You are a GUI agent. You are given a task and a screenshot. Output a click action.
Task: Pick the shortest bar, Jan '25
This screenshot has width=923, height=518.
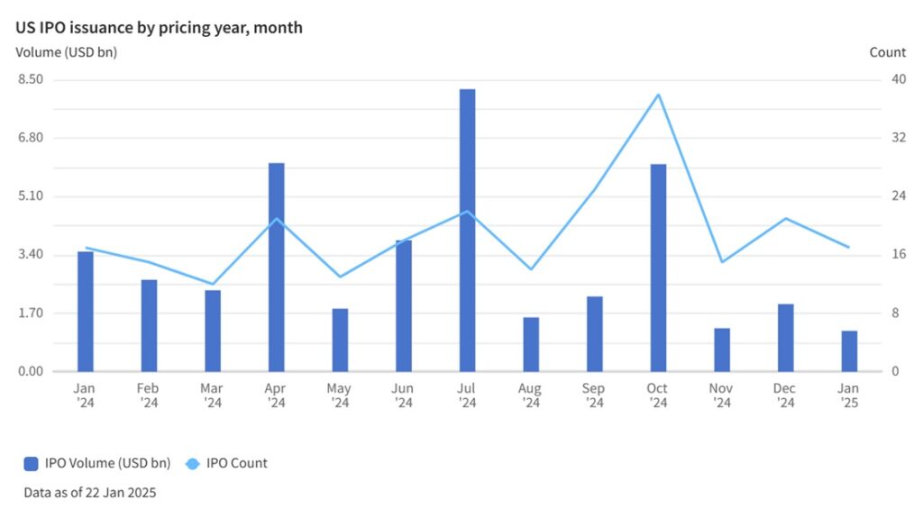click(849, 350)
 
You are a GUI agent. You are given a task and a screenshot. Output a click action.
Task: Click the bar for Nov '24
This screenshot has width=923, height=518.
click(722, 350)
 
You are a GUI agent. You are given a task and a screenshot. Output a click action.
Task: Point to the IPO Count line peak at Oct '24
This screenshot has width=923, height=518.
click(659, 95)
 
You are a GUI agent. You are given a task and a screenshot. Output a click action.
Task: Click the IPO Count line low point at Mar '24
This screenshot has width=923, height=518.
click(213, 284)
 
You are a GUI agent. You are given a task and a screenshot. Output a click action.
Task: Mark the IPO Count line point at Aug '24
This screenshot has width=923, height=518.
click(531, 269)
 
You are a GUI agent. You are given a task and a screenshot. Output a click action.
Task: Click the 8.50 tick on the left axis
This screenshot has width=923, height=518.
click(31, 79)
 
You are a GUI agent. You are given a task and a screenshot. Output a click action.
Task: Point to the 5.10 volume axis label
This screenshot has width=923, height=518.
click(31, 196)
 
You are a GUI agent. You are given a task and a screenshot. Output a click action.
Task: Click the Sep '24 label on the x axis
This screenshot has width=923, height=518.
click(594, 395)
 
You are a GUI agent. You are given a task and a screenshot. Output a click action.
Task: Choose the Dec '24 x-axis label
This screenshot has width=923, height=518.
click(785, 395)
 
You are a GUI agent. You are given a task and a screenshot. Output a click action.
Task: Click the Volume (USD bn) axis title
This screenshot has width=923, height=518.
click(67, 52)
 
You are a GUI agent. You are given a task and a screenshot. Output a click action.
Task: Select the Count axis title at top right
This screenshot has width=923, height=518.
click(887, 52)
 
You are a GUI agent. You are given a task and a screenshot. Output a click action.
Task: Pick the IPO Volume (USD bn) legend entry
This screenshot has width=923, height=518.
click(98, 463)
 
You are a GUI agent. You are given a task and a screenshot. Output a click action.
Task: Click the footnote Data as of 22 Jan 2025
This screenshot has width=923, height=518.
click(90, 493)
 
